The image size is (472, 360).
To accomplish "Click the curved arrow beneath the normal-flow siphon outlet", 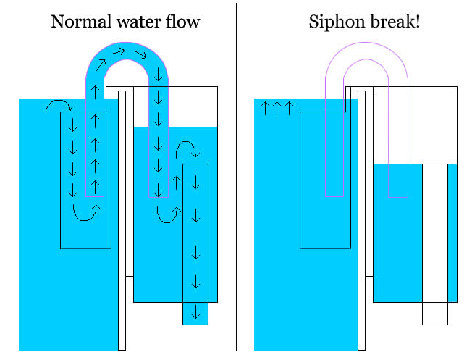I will (x=167, y=212).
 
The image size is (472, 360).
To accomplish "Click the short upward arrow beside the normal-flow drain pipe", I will (x=175, y=182).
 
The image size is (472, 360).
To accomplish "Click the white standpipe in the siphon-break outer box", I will (x=434, y=232).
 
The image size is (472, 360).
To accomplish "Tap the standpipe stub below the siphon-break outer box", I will (x=434, y=314).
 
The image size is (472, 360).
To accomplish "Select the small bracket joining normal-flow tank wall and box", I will (x=130, y=277).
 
